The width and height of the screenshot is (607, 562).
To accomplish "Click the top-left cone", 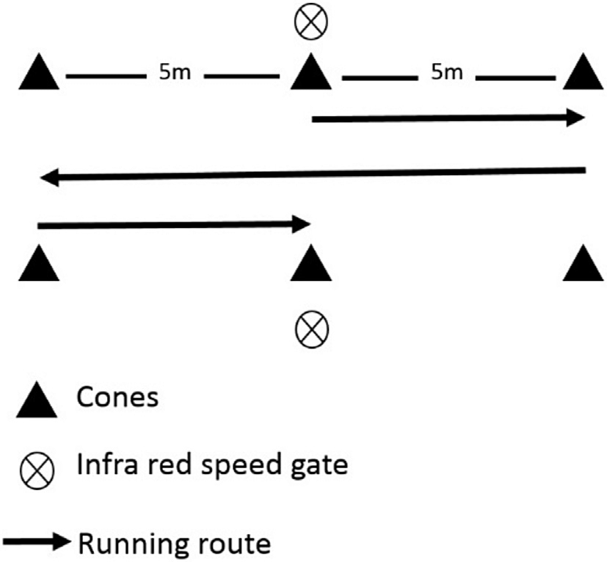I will pyautogui.click(x=39, y=73).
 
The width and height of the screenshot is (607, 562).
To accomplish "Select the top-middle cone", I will pyautogui.click(x=311, y=73).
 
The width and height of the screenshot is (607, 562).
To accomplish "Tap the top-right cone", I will pyautogui.click(x=585, y=73).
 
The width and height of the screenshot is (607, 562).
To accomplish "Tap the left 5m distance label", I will pyautogui.click(x=172, y=73).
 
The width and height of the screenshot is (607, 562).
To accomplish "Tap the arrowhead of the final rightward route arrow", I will pyautogui.click(x=303, y=225).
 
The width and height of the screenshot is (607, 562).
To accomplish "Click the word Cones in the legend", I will pyautogui.click(x=117, y=398).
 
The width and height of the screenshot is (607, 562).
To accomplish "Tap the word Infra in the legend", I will pyautogui.click(x=106, y=464).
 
